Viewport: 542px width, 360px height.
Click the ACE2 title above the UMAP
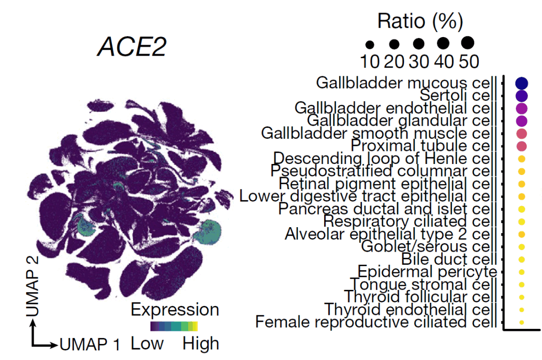tap(132, 48)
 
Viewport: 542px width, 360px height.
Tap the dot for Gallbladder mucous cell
tap(522, 83)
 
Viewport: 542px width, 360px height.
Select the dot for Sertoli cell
tap(522, 95)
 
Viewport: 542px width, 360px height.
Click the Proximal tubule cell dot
tap(522, 146)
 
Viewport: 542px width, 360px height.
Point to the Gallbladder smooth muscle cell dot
tap(522, 134)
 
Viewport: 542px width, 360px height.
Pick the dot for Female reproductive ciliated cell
tap(522, 322)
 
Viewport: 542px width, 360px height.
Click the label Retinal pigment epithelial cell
tap(384, 184)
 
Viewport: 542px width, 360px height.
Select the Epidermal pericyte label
tap(427, 272)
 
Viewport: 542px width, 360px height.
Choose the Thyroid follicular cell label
tap(417, 297)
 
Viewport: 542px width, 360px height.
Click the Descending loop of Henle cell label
tap(381, 158)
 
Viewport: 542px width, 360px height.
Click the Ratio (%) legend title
tap(420, 21)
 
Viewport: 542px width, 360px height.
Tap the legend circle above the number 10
tap(370, 45)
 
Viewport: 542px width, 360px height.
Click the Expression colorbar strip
tap(174, 326)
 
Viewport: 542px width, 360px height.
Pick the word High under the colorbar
tap(201, 343)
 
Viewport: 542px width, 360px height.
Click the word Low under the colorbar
tap(147, 343)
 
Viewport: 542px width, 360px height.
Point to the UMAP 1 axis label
tap(90, 344)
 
